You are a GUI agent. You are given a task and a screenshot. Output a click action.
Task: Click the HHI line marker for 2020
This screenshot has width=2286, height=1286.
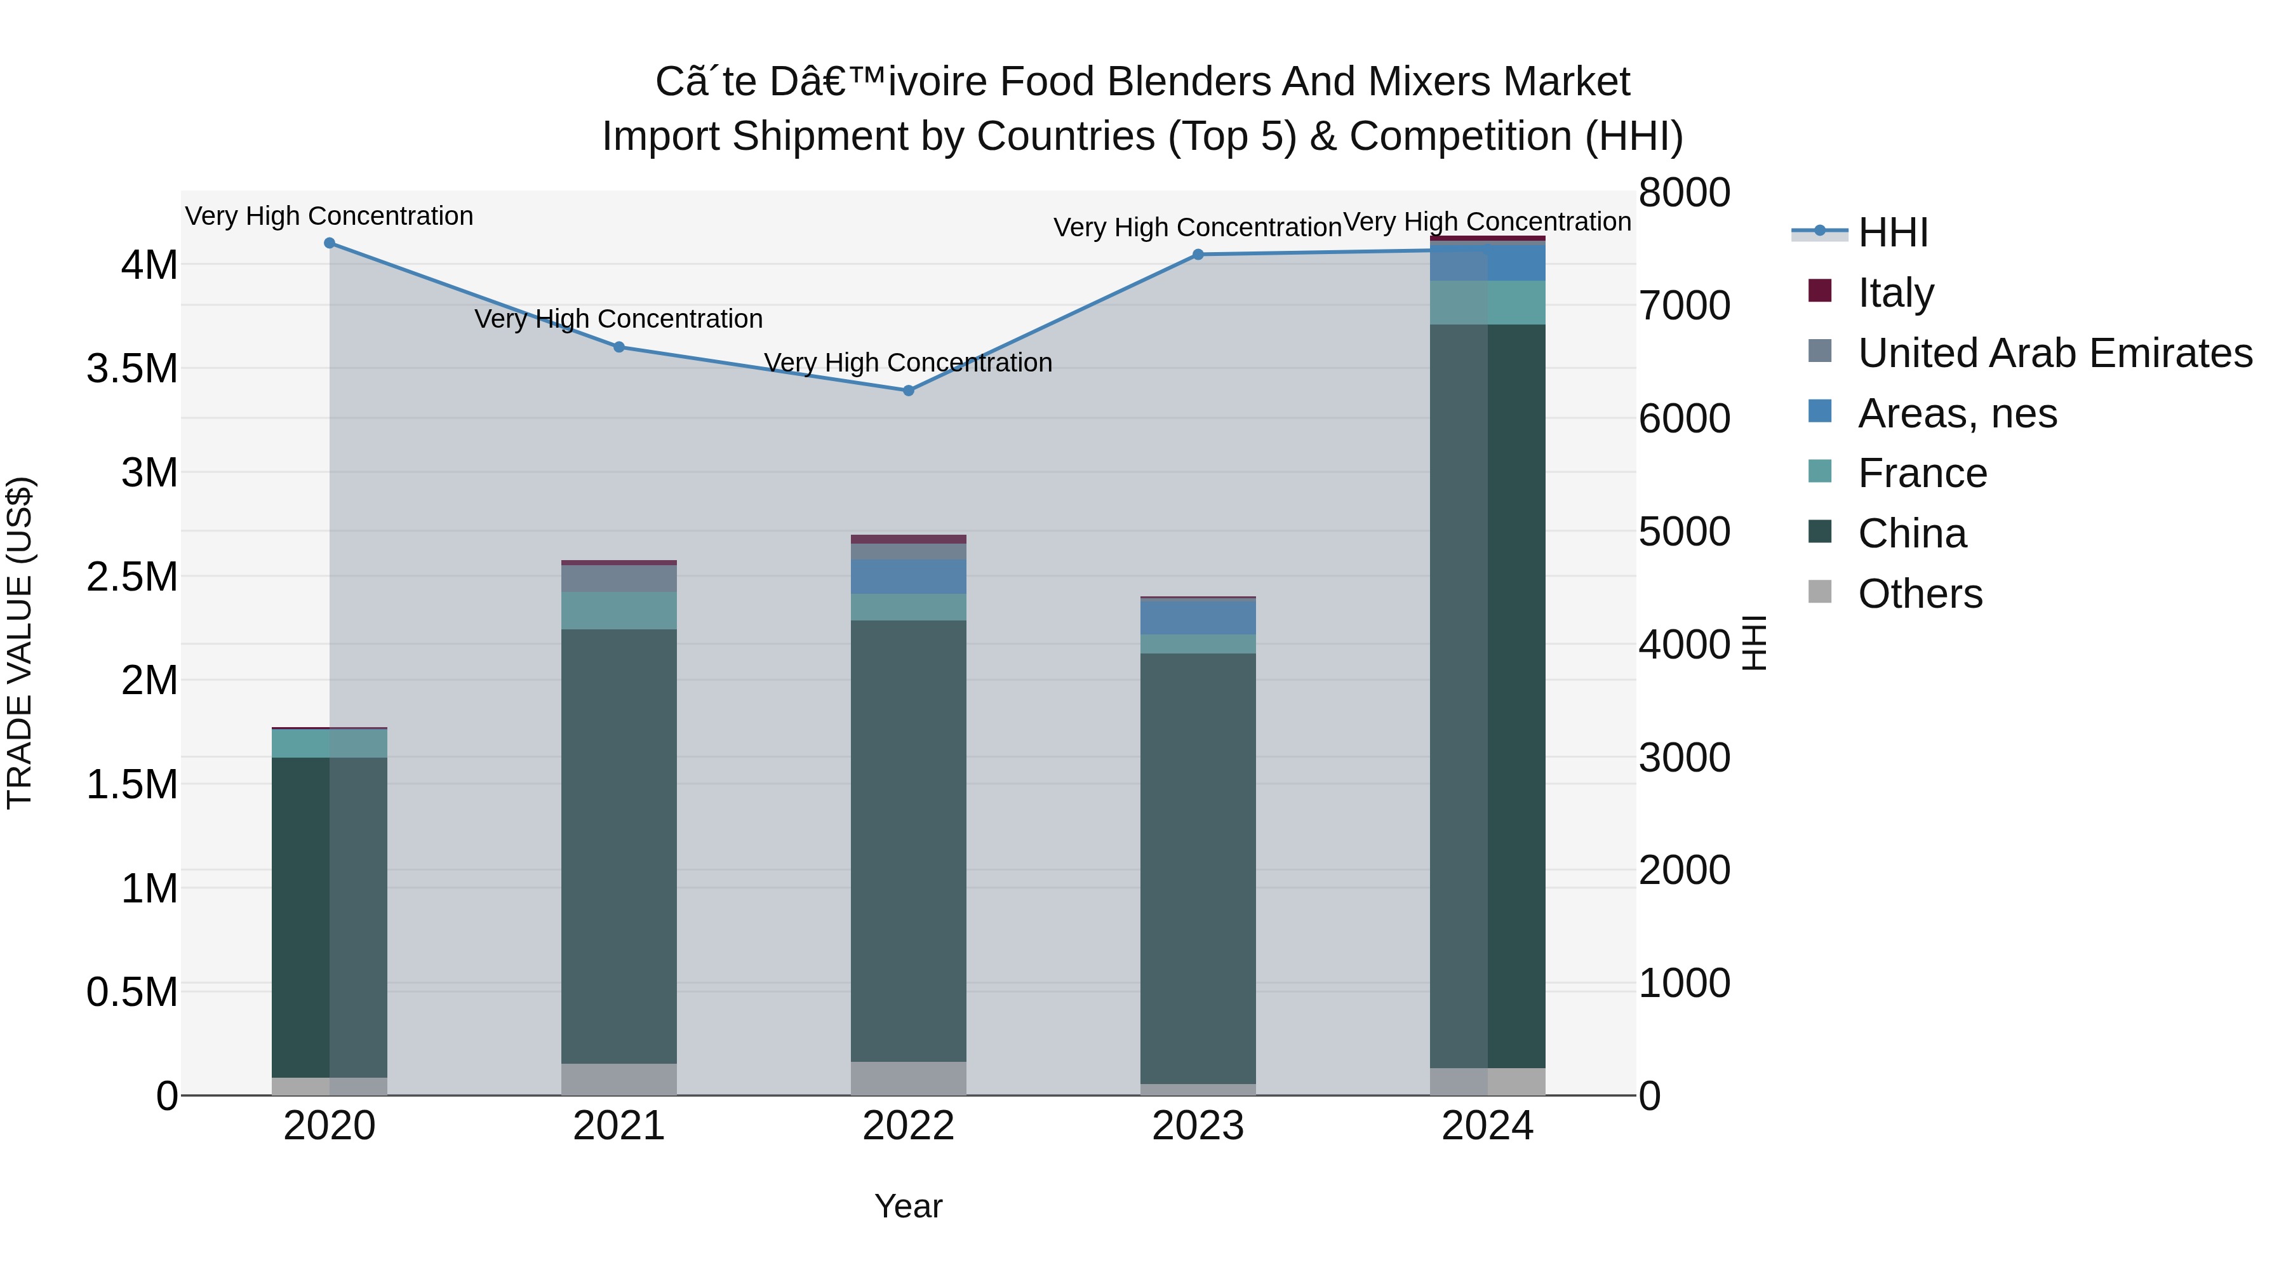(x=329, y=243)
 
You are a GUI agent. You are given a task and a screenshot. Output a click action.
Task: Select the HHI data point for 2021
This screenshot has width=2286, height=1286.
(x=619, y=347)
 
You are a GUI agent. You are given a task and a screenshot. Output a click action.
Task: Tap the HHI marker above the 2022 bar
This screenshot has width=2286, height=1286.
(x=909, y=391)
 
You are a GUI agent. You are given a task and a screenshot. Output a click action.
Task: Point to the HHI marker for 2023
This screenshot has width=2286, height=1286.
(x=1198, y=255)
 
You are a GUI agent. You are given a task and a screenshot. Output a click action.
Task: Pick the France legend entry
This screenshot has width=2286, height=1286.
(x=1897, y=473)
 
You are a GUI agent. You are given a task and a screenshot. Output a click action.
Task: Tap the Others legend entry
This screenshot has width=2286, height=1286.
(x=1895, y=593)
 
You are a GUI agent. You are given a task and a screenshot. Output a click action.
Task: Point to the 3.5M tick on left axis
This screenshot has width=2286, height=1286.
(x=132, y=368)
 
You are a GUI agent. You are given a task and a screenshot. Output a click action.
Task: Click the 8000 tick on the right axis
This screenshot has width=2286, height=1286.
(x=1684, y=192)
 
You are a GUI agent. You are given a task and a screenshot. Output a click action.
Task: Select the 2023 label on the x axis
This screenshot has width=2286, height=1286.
(x=1198, y=1126)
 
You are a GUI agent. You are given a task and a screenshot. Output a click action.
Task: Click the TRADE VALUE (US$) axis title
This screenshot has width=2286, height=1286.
(x=20, y=643)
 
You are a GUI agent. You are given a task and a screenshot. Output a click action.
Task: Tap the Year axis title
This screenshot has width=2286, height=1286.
(x=909, y=1206)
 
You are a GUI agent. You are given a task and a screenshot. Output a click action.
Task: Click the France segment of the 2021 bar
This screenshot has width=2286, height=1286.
(x=619, y=610)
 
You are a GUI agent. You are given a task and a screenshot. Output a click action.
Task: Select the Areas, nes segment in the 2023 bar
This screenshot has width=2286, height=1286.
(x=1198, y=617)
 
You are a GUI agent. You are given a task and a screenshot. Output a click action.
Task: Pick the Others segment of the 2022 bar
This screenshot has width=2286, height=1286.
(x=909, y=1078)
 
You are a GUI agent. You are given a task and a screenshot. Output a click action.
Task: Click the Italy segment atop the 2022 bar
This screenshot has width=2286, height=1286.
(x=909, y=539)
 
